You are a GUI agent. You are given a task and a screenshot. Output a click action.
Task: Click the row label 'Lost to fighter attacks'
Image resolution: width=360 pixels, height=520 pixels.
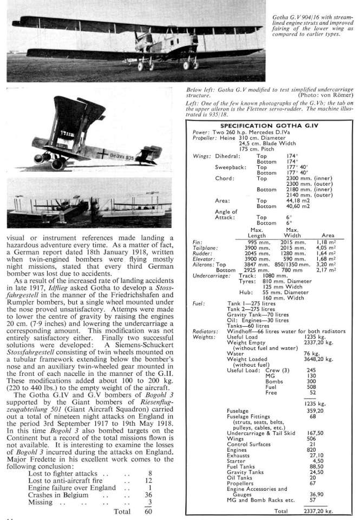click(x=58, y=473)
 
